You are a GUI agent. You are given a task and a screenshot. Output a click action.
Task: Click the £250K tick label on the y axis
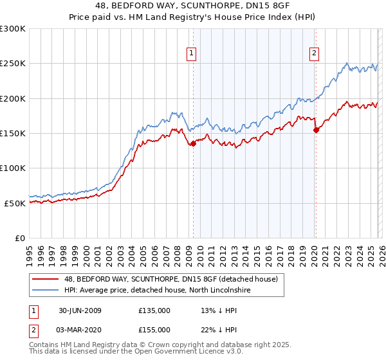(13, 64)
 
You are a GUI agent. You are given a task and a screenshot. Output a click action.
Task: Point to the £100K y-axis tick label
(13, 168)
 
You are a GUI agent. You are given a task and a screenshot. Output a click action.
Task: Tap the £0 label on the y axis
(20, 238)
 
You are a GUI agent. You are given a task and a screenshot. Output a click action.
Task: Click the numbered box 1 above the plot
(192, 53)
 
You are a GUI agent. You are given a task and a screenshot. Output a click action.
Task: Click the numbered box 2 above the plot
(315, 53)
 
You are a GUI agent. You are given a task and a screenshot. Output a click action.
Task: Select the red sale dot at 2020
(316, 130)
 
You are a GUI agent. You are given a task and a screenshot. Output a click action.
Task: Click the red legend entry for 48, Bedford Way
(171, 279)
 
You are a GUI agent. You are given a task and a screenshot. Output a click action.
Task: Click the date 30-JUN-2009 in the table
(80, 310)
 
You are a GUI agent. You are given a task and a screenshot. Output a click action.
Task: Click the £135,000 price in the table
(154, 310)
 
